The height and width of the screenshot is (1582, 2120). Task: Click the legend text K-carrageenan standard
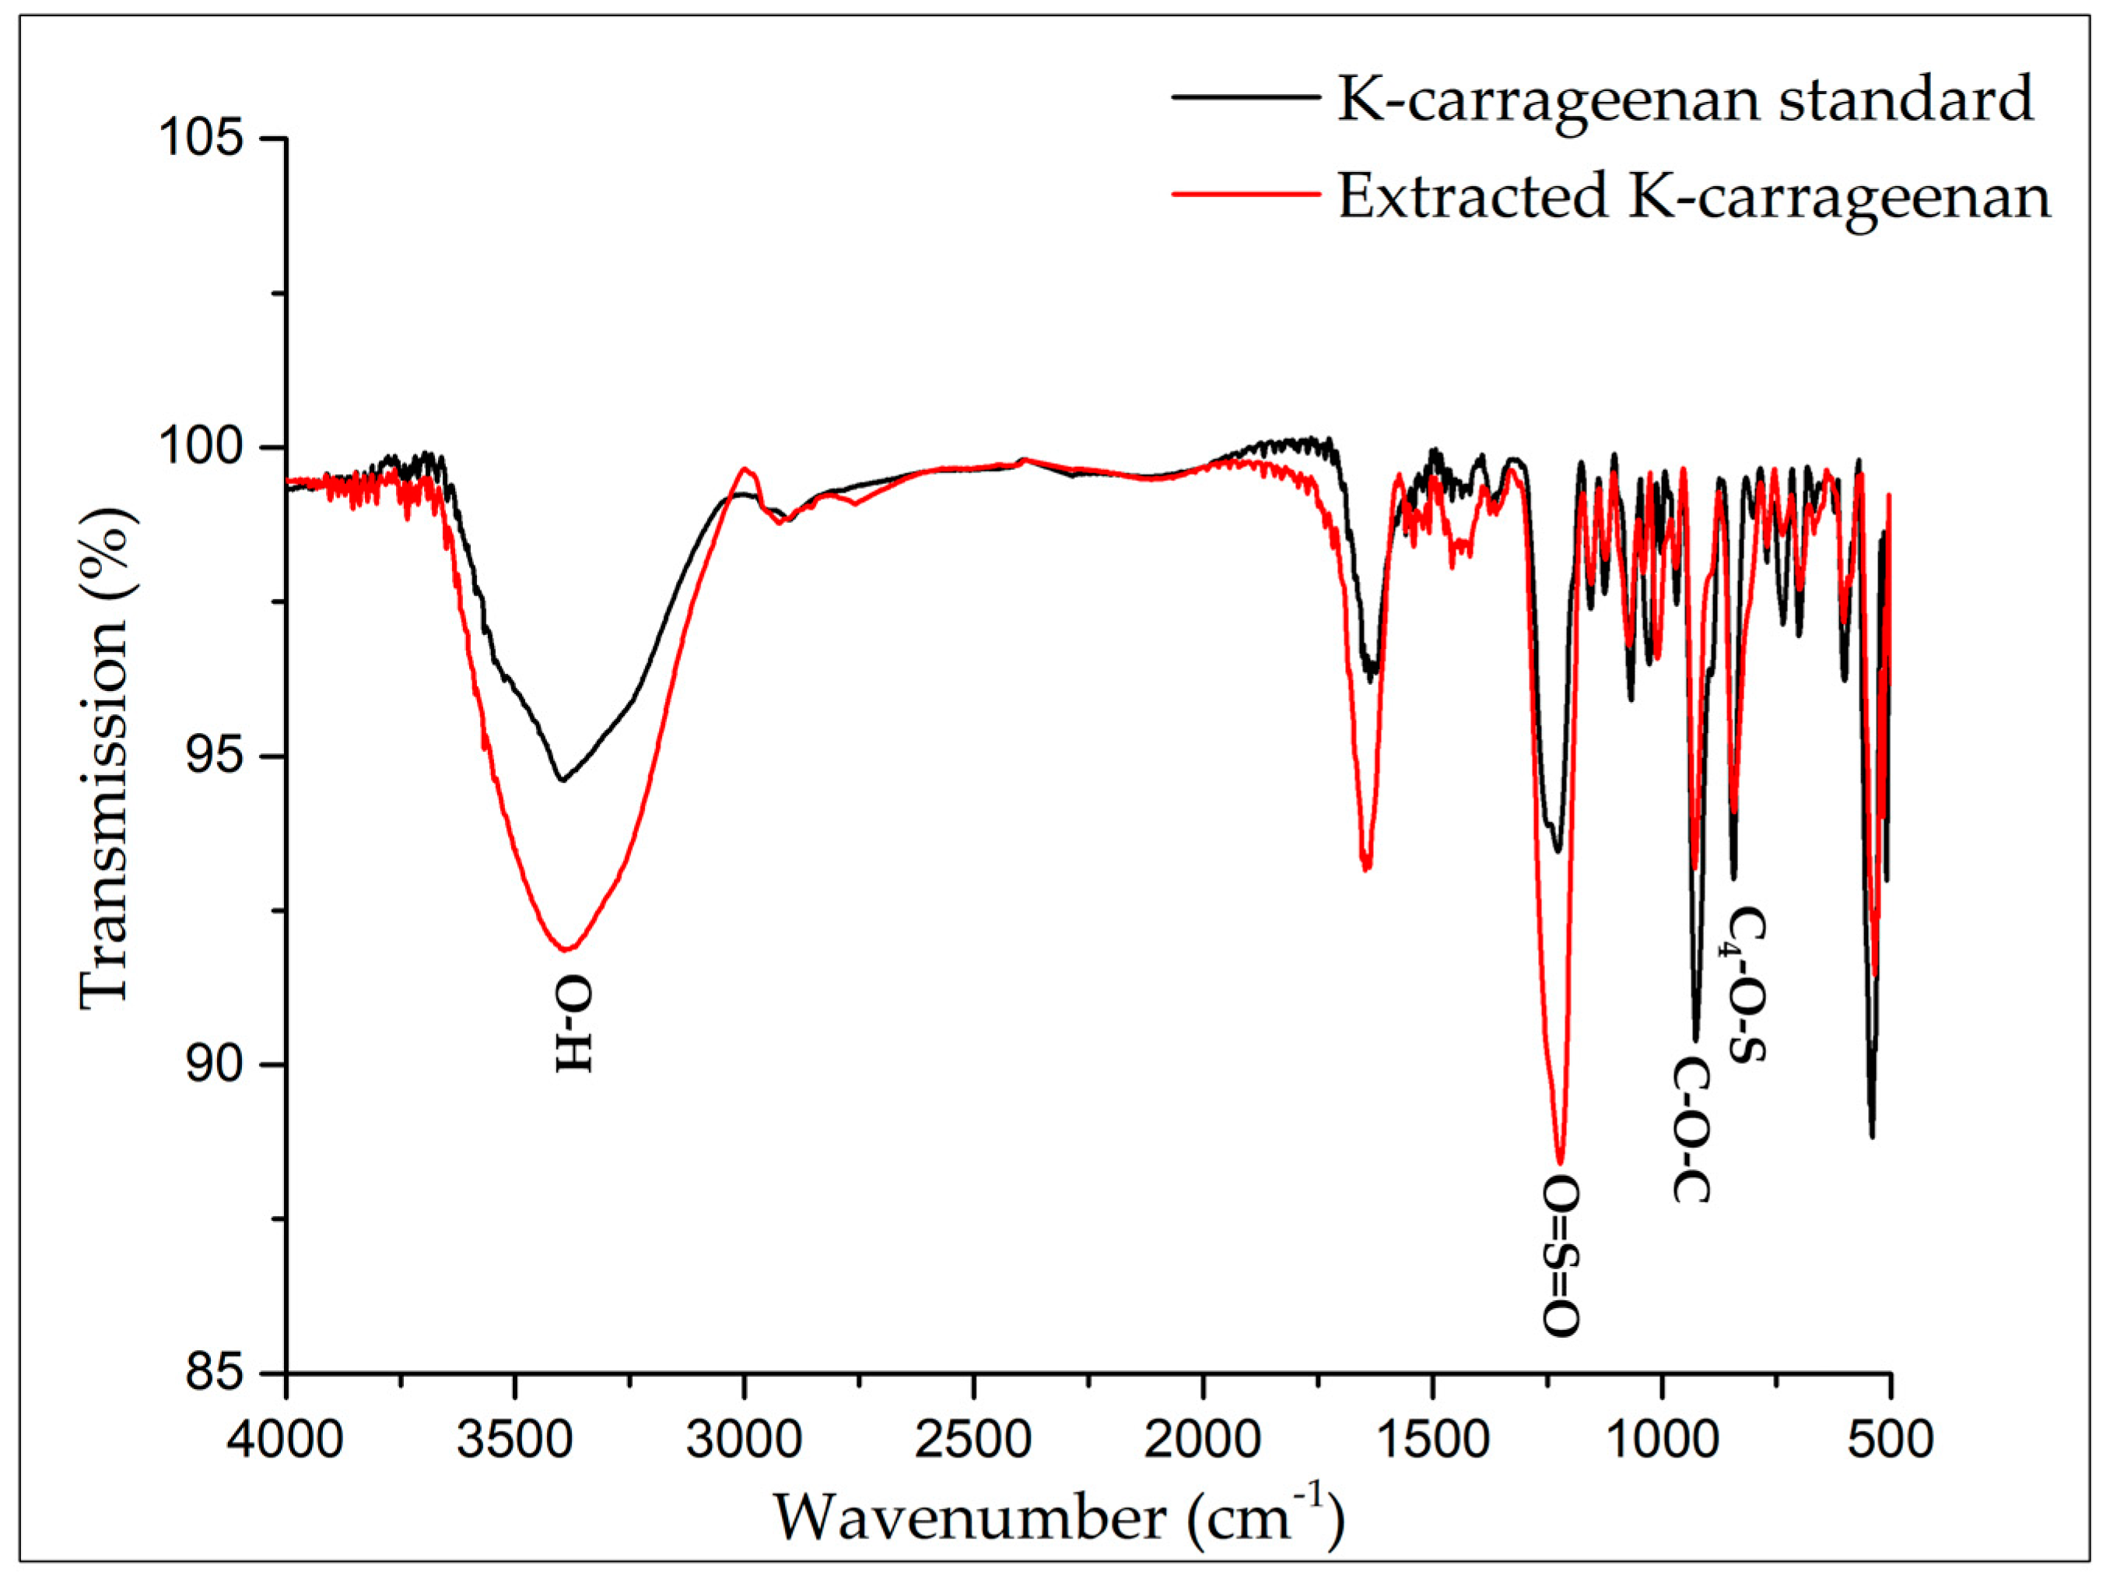1684,98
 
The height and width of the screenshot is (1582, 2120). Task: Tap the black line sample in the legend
1246,96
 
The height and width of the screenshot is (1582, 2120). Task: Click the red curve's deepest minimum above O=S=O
1560,1162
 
